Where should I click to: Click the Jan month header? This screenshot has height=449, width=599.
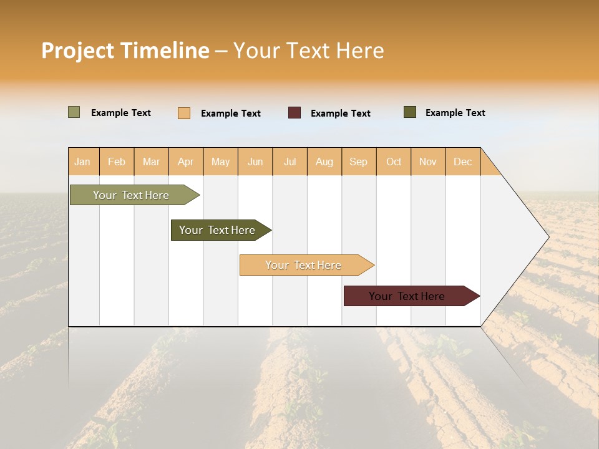click(82, 162)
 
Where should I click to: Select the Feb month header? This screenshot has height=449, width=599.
click(117, 162)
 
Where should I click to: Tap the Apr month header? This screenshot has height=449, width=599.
click(186, 162)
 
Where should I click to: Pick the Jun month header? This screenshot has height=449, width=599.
click(255, 162)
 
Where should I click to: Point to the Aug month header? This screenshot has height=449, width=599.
click(324, 162)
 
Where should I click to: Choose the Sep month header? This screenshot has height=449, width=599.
click(359, 162)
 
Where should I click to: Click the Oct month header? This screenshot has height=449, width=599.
click(394, 162)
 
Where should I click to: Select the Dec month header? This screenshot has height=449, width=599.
click(463, 162)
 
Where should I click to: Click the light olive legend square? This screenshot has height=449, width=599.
click(74, 112)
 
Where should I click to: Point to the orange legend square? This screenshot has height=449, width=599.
click(184, 113)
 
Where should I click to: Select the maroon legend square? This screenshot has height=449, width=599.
click(295, 113)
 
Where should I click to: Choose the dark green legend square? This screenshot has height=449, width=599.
click(410, 112)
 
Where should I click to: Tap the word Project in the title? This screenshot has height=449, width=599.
click(77, 51)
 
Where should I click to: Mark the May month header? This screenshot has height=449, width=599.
click(220, 162)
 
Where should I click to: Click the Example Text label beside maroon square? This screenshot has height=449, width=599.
click(340, 113)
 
